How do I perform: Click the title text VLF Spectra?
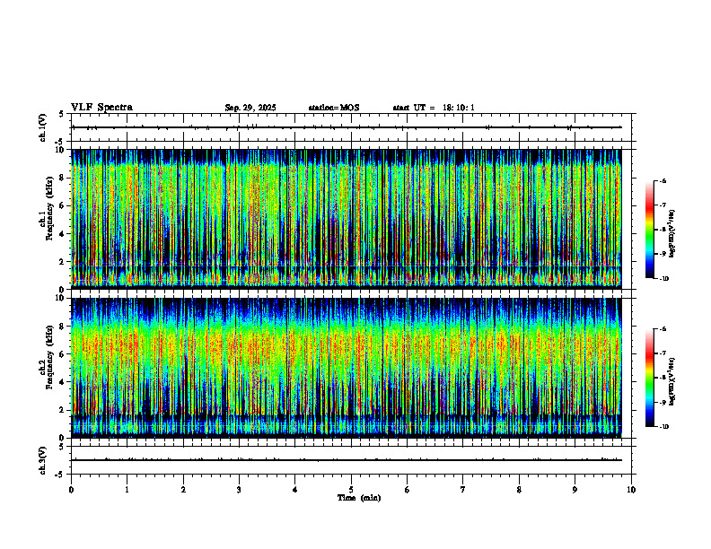coord(101,108)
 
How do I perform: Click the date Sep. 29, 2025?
coord(250,108)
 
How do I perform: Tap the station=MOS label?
coord(333,108)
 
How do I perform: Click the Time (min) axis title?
coord(358,497)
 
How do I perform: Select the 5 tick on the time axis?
coord(351,489)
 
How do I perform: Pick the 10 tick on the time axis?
coord(631,489)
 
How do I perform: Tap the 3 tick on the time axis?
coord(239,489)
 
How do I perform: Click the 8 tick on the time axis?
coord(519,489)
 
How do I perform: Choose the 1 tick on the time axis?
coord(127,489)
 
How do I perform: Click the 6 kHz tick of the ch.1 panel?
coord(62,205)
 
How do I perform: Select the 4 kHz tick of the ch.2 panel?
coord(62,381)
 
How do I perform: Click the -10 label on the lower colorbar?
coord(664,426)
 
